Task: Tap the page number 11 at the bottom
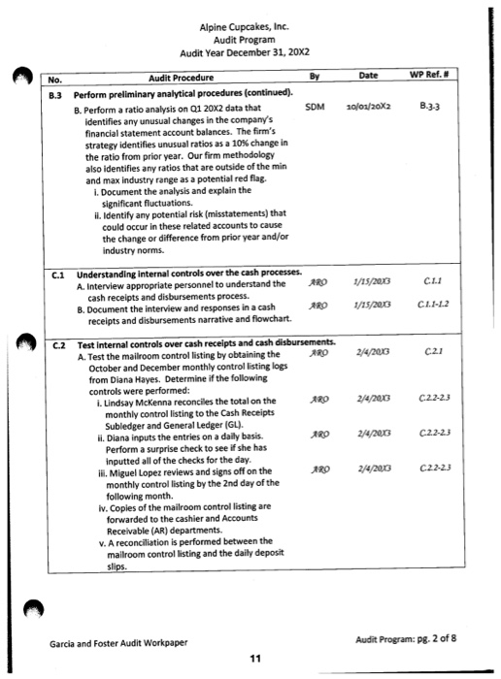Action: click(x=253, y=660)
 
